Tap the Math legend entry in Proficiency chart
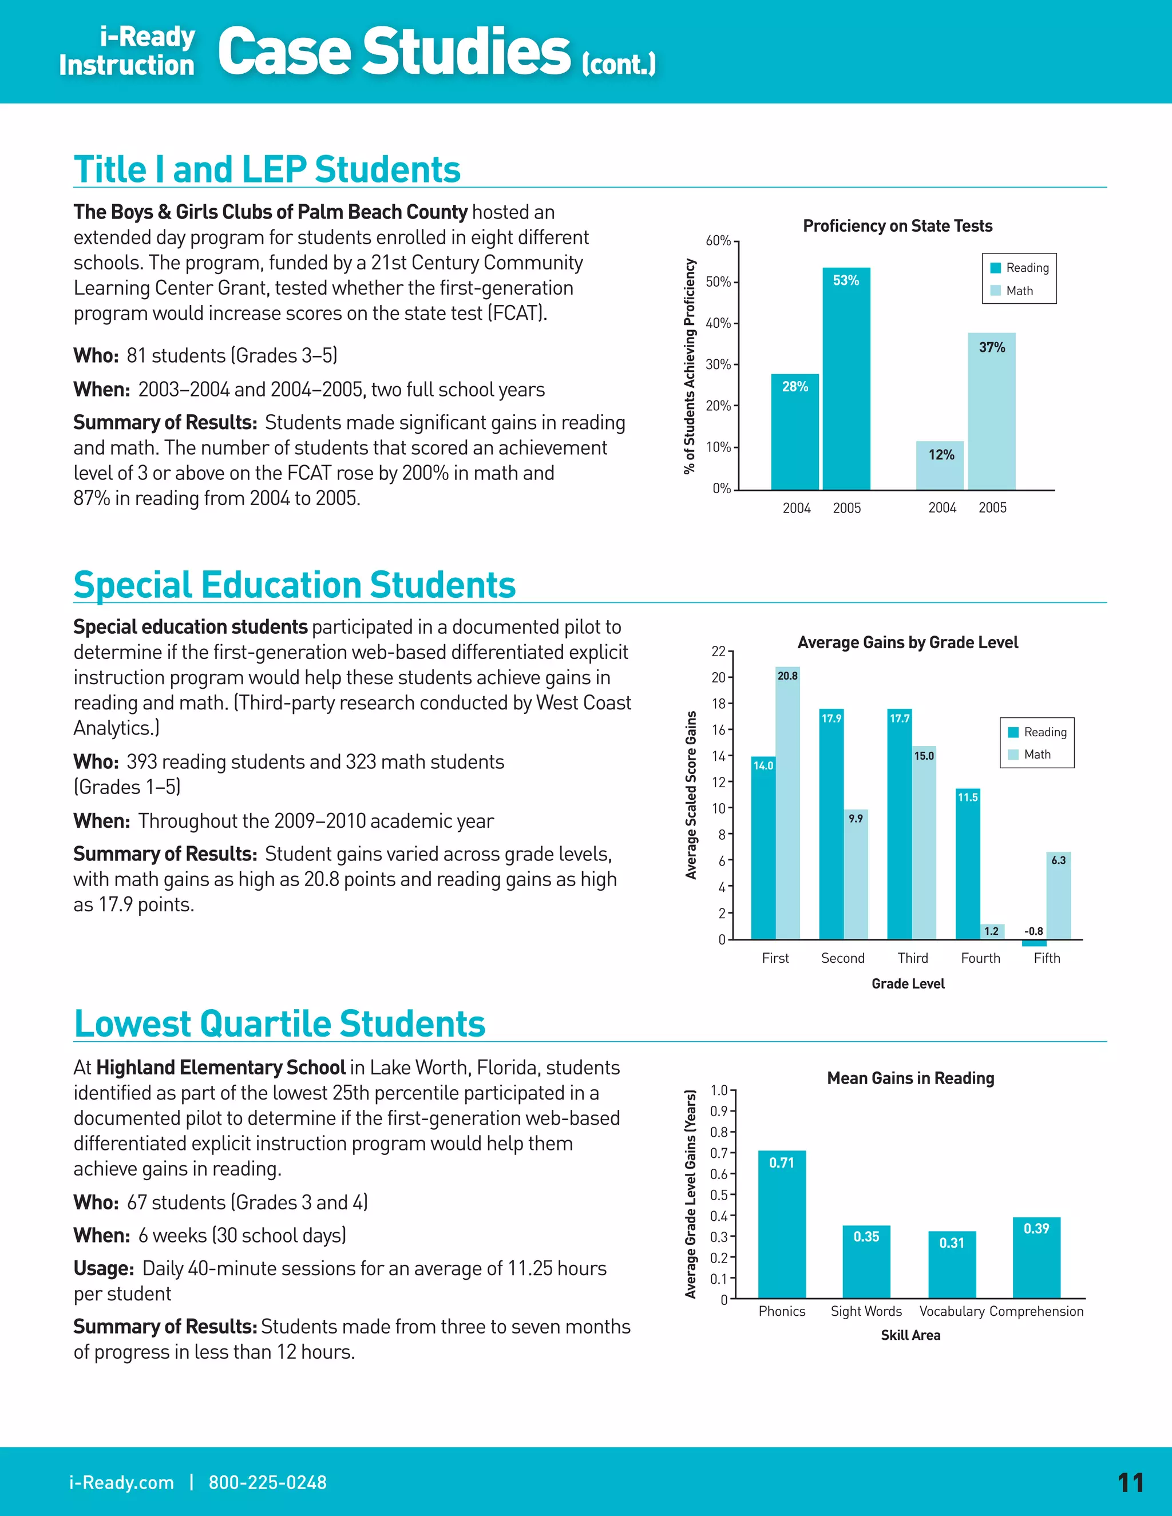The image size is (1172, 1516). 1019,291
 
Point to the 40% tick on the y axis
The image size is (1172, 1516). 719,323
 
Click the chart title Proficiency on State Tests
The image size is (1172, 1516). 897,227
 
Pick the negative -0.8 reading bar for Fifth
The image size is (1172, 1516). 1034,943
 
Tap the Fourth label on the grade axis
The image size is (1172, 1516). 980,959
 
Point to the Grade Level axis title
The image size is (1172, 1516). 908,983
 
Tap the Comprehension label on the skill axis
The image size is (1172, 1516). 1036,1311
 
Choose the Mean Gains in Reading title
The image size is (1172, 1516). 910,1078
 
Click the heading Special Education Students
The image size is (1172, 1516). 294,585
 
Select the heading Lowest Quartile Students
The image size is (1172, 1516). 279,1023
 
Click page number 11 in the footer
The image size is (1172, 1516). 1130,1483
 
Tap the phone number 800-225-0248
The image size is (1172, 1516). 267,1483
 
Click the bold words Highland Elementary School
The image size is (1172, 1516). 221,1067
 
